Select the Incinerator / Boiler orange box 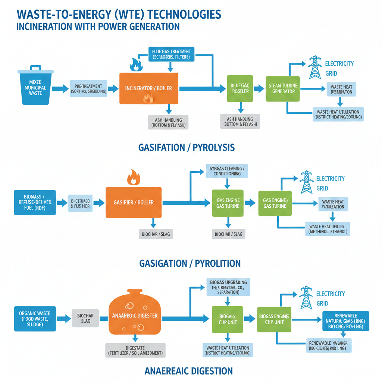tap(148, 88)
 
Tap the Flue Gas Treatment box tap(171, 54)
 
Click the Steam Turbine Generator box tap(283, 88)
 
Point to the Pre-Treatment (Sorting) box tap(88, 88)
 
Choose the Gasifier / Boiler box tap(134, 202)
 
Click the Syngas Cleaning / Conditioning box tap(228, 171)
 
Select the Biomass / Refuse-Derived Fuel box tap(35, 202)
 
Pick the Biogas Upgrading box tap(228, 287)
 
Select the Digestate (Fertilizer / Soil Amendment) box tap(135, 350)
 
